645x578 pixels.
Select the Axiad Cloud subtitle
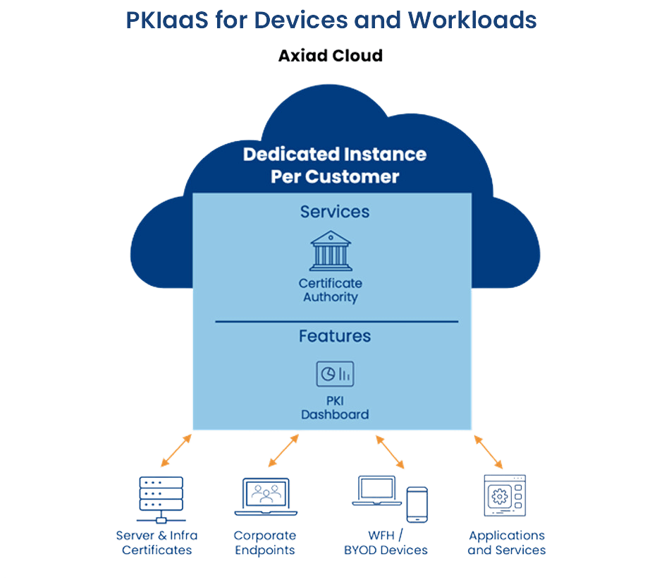330,56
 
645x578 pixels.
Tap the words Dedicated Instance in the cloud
334,154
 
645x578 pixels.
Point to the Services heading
334,211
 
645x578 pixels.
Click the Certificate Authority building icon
331,251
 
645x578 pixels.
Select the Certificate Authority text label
331,290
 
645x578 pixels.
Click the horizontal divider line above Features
336,322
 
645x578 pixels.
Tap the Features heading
334,336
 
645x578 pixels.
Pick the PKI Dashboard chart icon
334,374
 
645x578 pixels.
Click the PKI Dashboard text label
334,408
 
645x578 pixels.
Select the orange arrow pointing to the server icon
176,451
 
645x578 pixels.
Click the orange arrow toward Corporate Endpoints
283,451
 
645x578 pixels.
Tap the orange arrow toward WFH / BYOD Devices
390,452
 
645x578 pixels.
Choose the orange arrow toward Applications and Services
489,452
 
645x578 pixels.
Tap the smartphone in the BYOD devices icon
417,504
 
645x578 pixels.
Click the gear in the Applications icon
498,496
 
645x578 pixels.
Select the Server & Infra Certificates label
156,543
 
